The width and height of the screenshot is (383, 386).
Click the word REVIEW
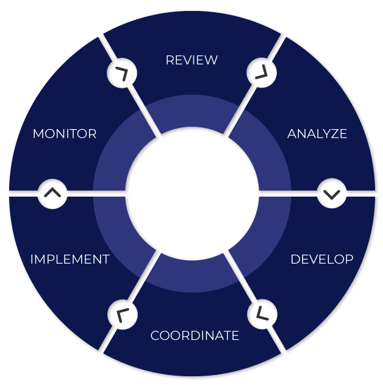coord(191,60)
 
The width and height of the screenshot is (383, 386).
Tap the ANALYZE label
coord(317,134)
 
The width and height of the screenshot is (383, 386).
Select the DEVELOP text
coord(321,259)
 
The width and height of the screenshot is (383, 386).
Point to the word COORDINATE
coord(195,335)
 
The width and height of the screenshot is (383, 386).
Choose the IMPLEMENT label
coord(70,259)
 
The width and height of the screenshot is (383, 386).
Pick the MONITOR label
coord(65,134)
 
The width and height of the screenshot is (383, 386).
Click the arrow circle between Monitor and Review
coord(122,74)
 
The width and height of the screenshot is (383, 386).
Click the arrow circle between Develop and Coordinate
coord(262,314)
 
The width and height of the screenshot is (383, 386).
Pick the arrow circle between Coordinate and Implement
coord(122,314)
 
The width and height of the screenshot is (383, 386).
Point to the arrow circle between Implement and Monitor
coord(53,194)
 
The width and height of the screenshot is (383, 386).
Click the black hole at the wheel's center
coord(191,194)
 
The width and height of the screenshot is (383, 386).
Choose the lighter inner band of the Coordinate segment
coord(191,275)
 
